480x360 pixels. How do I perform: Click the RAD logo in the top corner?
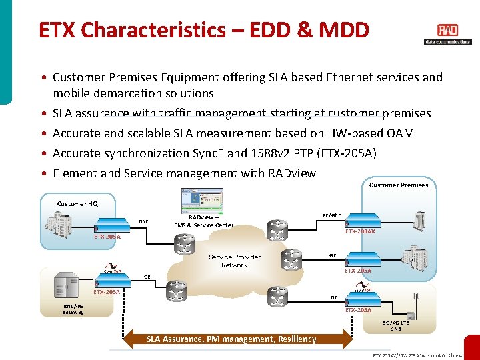pos(447,31)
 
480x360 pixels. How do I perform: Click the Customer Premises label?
pos(399,185)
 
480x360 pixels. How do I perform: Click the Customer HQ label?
pos(77,203)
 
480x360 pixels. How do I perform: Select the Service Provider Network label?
pos(235,261)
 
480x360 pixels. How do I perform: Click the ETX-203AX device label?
pos(360,231)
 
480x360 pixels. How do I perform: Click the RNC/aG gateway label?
pos(73,309)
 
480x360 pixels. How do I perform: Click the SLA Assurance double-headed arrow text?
pos(232,339)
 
